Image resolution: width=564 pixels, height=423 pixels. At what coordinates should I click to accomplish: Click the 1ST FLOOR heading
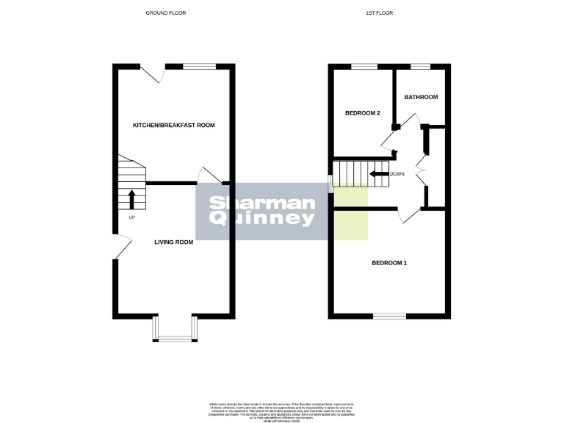tap(386, 13)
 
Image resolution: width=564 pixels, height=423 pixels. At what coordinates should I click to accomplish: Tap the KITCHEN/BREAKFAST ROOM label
tap(173, 126)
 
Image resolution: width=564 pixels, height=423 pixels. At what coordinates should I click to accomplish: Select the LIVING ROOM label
tap(173, 242)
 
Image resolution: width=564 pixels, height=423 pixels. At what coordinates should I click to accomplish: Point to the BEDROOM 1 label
tap(388, 263)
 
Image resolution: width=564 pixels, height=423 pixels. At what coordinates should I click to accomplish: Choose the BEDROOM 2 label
tap(363, 113)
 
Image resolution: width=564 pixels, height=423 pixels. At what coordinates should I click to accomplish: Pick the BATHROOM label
tap(421, 97)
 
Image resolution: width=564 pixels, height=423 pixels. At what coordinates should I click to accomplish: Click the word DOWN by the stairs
tap(397, 174)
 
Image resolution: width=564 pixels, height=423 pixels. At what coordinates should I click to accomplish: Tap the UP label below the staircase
tap(131, 218)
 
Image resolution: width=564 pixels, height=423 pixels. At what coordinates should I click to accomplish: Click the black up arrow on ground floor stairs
tap(132, 198)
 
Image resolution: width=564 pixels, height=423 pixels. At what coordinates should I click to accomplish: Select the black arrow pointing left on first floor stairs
tap(379, 174)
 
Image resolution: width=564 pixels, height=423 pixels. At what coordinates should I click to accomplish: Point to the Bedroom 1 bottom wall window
tap(388, 316)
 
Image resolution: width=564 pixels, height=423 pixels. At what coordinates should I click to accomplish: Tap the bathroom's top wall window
tap(420, 67)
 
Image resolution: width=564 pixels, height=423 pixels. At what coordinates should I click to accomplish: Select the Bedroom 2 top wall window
tap(364, 67)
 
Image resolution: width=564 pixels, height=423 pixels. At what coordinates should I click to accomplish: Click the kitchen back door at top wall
tap(153, 73)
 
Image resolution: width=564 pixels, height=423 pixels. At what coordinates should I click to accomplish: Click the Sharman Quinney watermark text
tap(262, 211)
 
